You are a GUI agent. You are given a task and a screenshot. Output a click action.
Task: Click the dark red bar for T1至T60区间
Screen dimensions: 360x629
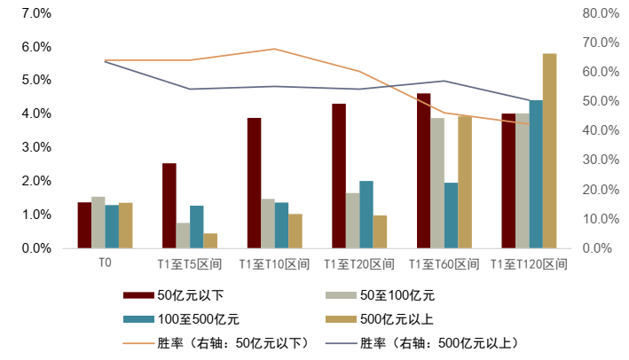click(x=424, y=170)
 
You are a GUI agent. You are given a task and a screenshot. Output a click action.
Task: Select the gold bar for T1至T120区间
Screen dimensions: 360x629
click(x=550, y=151)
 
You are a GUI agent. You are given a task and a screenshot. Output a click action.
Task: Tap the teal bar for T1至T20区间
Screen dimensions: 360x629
click(x=366, y=215)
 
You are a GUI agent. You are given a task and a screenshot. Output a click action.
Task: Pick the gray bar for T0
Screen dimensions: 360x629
click(x=98, y=223)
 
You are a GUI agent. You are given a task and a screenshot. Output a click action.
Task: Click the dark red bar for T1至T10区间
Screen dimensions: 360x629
click(x=255, y=183)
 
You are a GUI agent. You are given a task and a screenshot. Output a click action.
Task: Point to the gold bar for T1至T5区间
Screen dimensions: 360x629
click(x=210, y=240)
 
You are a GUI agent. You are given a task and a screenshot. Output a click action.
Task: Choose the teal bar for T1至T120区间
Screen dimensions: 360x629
click(x=536, y=174)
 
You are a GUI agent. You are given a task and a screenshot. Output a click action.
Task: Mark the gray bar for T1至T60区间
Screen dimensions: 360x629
click(x=437, y=183)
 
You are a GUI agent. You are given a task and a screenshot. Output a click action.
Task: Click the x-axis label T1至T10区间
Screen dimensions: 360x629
click(x=274, y=264)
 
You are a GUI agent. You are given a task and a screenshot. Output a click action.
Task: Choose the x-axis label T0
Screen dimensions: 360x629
click(x=105, y=263)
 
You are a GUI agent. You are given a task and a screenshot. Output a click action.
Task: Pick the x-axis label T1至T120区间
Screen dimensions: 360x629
click(x=529, y=264)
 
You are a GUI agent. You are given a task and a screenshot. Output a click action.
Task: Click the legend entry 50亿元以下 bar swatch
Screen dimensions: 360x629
click(x=138, y=295)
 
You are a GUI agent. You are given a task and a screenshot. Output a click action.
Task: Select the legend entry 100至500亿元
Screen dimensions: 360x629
click(x=197, y=318)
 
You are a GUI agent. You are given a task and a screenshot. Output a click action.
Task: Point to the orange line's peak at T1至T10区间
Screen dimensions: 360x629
click(x=274, y=49)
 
